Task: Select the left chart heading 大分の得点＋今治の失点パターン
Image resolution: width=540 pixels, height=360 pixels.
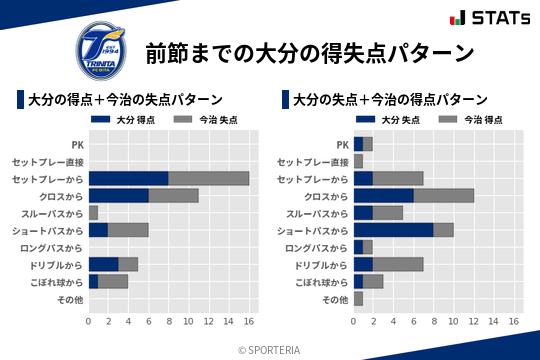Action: pyautogui.click(x=125, y=100)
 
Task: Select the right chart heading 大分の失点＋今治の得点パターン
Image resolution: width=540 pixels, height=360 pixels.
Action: pyautogui.click(x=390, y=100)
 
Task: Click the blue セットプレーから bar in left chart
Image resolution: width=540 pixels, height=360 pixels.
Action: pyautogui.click(x=128, y=178)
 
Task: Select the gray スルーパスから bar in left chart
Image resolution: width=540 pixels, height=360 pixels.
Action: pyautogui.click(x=93, y=213)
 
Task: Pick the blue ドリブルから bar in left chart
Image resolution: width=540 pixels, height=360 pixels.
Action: pyautogui.click(x=103, y=264)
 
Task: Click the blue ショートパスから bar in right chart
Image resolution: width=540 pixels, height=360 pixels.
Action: pyautogui.click(x=393, y=230)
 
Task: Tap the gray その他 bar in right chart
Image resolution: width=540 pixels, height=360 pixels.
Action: pyautogui.click(x=358, y=298)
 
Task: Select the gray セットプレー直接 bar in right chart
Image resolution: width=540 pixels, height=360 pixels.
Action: pyautogui.click(x=358, y=161)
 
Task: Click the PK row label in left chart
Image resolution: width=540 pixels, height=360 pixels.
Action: pyautogui.click(x=77, y=144)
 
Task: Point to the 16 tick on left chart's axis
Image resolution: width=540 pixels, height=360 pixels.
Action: pyautogui.click(x=249, y=322)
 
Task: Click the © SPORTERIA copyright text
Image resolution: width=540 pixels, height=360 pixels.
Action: pyautogui.click(x=270, y=349)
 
